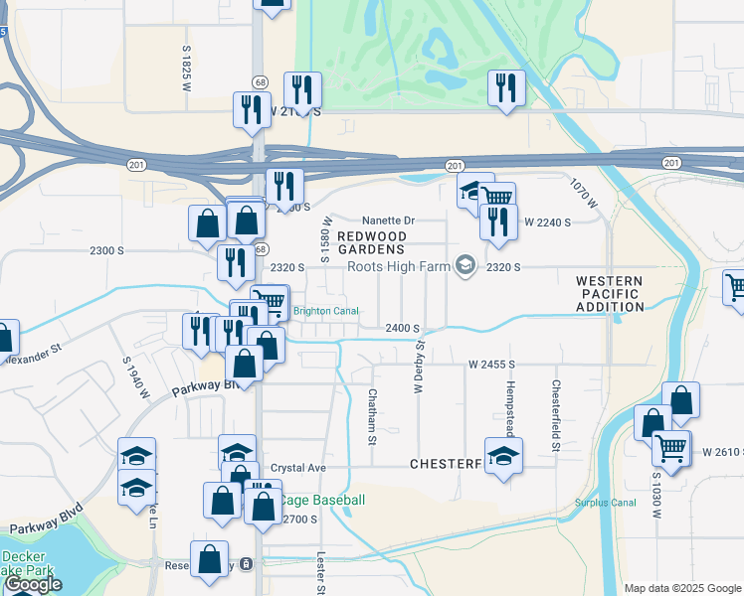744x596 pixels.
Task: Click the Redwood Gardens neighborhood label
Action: pyautogui.click(x=371, y=242)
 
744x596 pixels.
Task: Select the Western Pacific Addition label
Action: pyautogui.click(x=611, y=294)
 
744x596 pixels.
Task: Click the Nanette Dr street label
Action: pyautogui.click(x=387, y=221)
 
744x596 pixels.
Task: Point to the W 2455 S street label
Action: pyautogui.click(x=495, y=365)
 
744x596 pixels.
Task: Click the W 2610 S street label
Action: pyautogui.click(x=721, y=452)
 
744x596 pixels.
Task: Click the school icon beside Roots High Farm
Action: pyautogui.click(x=465, y=265)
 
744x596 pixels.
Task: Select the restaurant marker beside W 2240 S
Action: pyautogui.click(x=498, y=221)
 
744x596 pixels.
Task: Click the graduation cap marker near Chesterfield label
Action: pyautogui.click(x=504, y=457)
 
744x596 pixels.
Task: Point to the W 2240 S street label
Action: pyautogui.click(x=547, y=223)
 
